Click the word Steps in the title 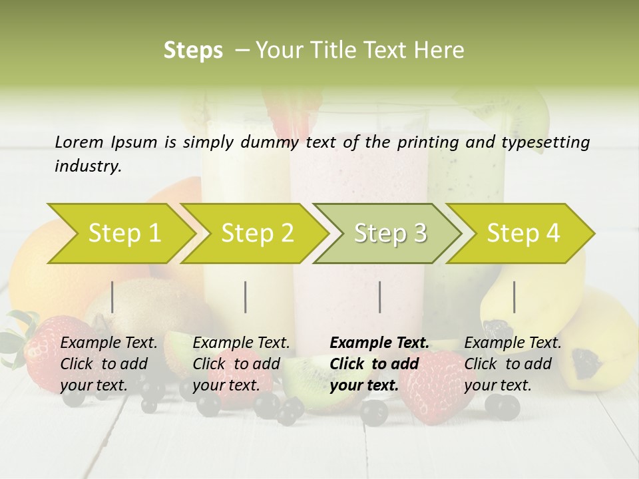(x=193, y=51)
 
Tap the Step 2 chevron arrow (x=256, y=233)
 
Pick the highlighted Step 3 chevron (x=389, y=233)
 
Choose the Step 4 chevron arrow (x=523, y=233)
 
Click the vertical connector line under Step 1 (x=112, y=297)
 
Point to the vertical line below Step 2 (x=246, y=297)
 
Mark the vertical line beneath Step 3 (x=380, y=297)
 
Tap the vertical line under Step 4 (x=515, y=297)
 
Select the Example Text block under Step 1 (x=108, y=364)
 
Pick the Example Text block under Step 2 (x=241, y=364)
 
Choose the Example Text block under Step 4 (x=513, y=364)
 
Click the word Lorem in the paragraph (x=79, y=142)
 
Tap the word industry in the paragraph (x=87, y=166)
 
